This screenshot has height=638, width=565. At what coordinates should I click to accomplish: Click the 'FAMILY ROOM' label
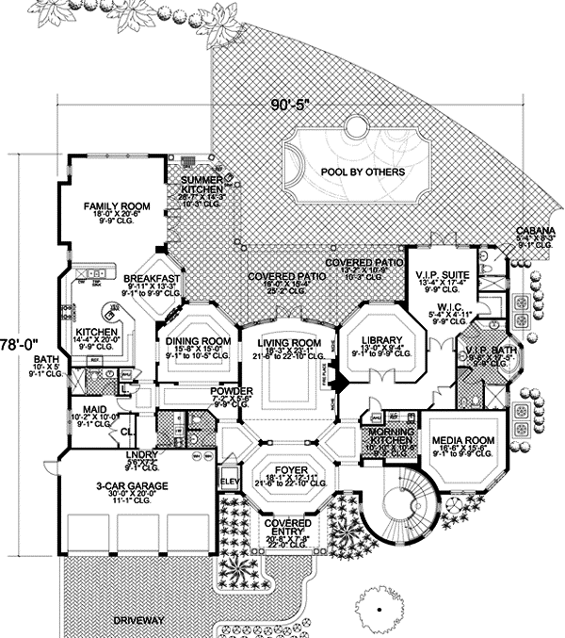point(117,205)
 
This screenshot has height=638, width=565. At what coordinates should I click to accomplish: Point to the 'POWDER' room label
point(230,390)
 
